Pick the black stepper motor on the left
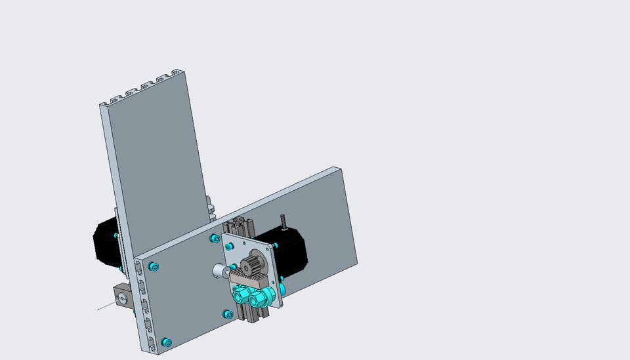[105, 242]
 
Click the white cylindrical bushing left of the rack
[219, 271]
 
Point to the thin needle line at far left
[105, 306]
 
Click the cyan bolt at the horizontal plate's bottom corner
[167, 342]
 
